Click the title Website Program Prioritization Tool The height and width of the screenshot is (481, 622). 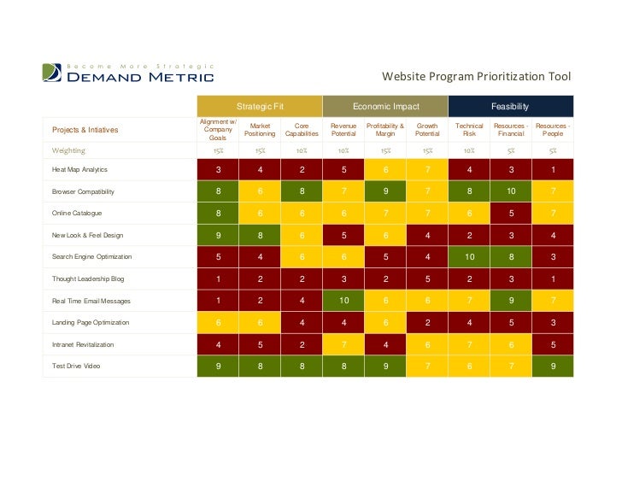pos(476,77)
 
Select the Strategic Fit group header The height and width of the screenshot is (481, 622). pos(260,107)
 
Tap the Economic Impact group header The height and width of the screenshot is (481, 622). pos(385,107)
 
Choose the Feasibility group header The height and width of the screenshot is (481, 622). pos(510,107)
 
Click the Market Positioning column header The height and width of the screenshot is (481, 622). pos(260,130)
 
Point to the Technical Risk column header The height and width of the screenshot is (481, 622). pos(469,130)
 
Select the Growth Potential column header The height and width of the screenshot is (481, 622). pos(427,130)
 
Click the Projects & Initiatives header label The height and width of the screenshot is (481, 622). pos(85,130)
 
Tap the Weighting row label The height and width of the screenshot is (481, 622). pos(68,150)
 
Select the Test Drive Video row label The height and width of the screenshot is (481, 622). pos(75,366)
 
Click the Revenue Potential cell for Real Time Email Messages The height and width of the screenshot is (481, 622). pos(343,301)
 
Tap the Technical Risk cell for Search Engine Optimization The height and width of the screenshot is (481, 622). pos(469,256)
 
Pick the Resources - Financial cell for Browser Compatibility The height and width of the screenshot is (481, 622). pos(511,191)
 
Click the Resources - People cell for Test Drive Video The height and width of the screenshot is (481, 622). pos(553,366)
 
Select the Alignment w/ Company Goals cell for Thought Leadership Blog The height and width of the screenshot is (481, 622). pos(219,279)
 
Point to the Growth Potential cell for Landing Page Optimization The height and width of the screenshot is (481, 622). pos(427,322)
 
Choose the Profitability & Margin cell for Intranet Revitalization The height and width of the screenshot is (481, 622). pos(385,344)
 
